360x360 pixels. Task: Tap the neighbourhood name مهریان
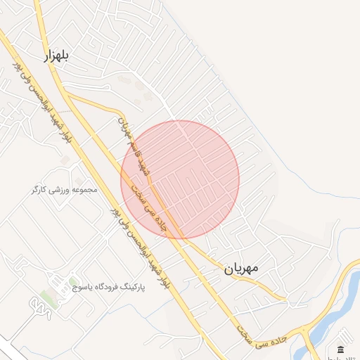point(242,268)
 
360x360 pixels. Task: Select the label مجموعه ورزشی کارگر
point(63,190)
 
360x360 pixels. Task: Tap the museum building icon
point(341,349)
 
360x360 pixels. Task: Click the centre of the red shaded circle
point(180,179)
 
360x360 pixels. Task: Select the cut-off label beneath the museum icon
point(347,358)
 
